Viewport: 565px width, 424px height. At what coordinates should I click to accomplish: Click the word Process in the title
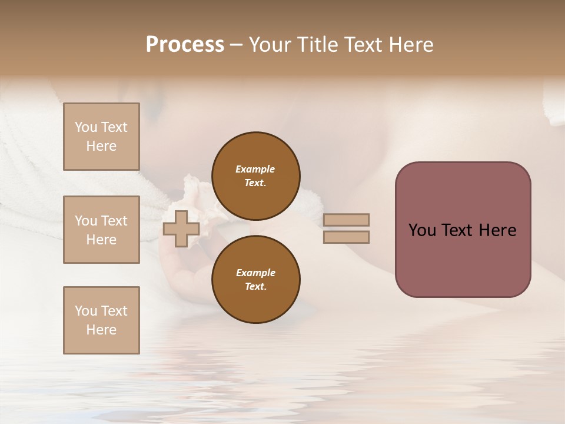click(185, 45)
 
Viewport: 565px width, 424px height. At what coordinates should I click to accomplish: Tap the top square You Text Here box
click(101, 137)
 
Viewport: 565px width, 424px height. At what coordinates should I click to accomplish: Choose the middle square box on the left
click(101, 230)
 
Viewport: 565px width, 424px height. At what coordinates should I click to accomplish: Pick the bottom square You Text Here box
click(101, 320)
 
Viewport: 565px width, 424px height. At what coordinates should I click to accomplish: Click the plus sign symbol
click(181, 228)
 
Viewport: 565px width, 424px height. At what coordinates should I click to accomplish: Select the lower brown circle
click(255, 279)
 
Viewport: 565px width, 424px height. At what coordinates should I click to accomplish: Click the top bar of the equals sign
click(346, 220)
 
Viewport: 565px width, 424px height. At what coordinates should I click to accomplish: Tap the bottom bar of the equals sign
click(346, 237)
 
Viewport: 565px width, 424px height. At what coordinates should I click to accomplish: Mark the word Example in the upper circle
click(255, 169)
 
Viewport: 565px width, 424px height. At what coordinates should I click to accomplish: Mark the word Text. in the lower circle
click(255, 286)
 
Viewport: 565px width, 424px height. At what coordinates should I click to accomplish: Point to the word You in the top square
click(86, 127)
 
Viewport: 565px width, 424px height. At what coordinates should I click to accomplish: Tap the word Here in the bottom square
click(101, 330)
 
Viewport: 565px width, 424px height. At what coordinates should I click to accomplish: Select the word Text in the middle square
click(114, 221)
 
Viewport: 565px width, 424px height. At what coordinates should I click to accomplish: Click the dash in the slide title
click(236, 45)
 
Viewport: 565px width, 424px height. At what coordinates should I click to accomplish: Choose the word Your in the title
click(271, 45)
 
